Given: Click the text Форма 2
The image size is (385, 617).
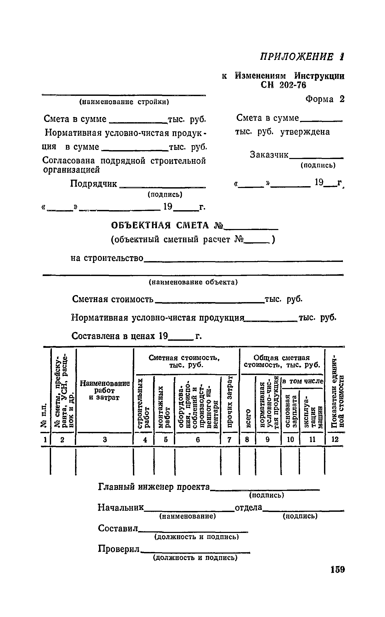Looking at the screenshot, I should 325,99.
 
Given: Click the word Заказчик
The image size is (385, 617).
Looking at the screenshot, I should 269,155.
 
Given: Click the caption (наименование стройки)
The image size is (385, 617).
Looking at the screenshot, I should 124,102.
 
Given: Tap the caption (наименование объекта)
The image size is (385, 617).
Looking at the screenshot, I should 193,282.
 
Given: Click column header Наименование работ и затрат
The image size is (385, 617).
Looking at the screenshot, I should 105,390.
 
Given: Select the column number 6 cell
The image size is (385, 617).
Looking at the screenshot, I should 198,440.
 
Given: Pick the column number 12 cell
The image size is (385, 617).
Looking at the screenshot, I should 335,440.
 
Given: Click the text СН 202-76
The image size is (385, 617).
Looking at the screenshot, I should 283,85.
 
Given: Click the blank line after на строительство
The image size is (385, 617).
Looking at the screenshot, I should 242,260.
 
